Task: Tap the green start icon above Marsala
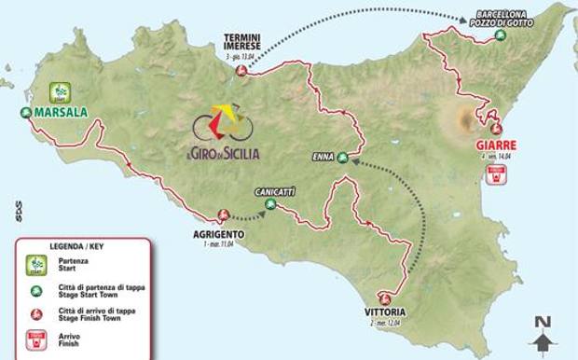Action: pos(61,91)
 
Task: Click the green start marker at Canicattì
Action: pos(270,203)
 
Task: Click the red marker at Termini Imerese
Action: pos(242,71)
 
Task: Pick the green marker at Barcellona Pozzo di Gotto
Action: pos(501,35)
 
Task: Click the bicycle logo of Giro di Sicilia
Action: pos(226,123)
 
